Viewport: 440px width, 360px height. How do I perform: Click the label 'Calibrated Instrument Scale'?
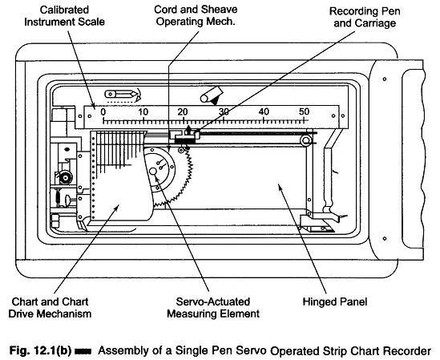click(64, 16)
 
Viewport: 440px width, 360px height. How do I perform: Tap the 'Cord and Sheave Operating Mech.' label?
click(196, 15)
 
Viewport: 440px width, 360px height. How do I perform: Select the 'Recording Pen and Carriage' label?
click(365, 17)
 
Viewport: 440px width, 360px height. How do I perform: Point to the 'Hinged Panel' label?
click(335, 301)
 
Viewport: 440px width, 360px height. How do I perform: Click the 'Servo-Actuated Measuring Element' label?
click(213, 308)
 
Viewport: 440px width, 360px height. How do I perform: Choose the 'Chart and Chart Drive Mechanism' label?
click(50, 308)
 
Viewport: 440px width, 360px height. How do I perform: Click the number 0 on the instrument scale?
click(103, 112)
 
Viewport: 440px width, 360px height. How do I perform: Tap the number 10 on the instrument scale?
click(143, 112)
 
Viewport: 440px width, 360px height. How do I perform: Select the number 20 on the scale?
click(183, 112)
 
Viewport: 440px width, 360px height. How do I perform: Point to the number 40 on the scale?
click(264, 112)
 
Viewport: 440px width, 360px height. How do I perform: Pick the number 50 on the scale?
click(304, 112)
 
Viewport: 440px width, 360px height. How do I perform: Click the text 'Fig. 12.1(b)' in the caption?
click(40, 350)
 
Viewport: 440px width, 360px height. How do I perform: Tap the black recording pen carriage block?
click(184, 140)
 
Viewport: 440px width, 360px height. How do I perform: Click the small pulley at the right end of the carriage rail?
click(306, 140)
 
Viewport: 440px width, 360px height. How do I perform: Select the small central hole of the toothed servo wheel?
click(153, 172)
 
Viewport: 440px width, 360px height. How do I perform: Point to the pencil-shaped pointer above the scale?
click(121, 94)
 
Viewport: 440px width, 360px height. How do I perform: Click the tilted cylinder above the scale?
click(212, 95)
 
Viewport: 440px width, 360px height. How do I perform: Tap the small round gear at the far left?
click(66, 177)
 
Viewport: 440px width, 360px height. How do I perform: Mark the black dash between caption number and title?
click(83, 351)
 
